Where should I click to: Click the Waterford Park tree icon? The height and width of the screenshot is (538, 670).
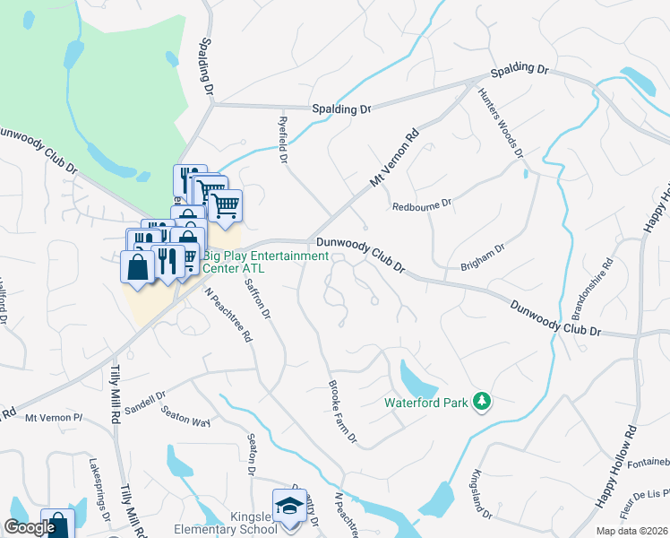483,401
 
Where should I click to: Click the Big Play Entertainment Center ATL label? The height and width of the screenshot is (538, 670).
266,262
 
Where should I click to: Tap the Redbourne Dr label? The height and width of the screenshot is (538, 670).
422,206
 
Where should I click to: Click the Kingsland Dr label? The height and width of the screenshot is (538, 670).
481,493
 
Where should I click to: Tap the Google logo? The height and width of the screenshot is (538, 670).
30,527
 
